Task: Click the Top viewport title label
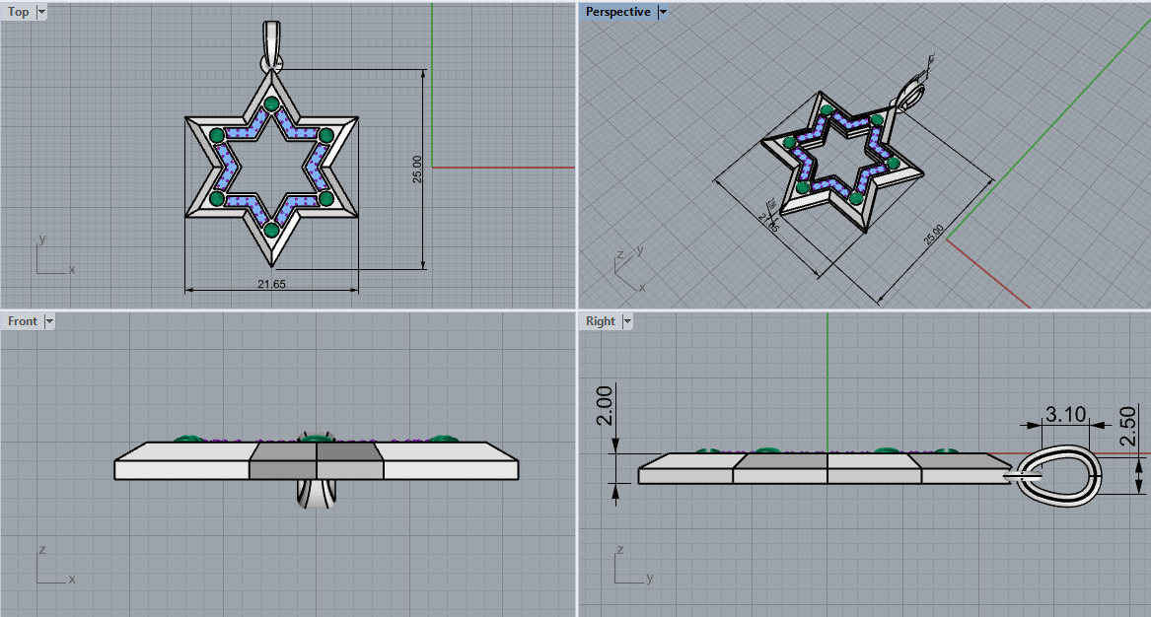[x=19, y=12]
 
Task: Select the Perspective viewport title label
[x=617, y=12]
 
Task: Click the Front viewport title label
[x=23, y=321]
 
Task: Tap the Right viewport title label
[x=600, y=321]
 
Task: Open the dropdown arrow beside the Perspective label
[x=663, y=12]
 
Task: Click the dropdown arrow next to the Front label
[x=49, y=321]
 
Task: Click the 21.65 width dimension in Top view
[x=271, y=283]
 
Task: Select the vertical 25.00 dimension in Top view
[x=417, y=169]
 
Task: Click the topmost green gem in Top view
[x=271, y=104]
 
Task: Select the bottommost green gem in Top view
[x=271, y=230]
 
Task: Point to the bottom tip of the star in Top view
[x=271, y=263]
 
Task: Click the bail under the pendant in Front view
[x=316, y=495]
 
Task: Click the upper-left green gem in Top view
[x=217, y=136]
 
